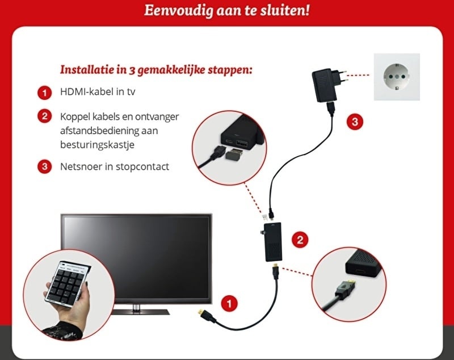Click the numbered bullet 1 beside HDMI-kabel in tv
45,93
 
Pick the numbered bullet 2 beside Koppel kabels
45,116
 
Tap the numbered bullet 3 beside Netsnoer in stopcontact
45,166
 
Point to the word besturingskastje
97,145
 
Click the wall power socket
397,77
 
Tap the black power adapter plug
327,85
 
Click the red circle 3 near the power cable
355,122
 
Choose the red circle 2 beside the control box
300,240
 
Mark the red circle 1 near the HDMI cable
229,304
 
